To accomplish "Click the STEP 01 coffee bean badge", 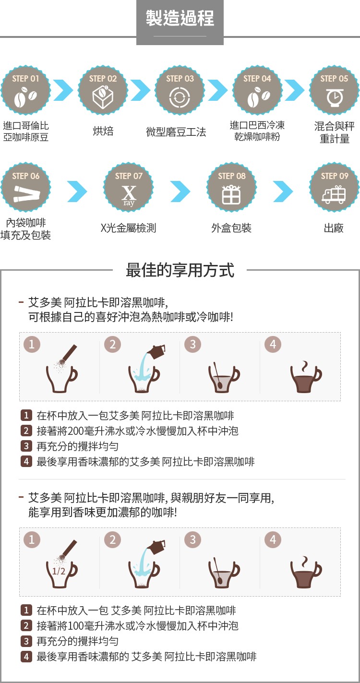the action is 25,90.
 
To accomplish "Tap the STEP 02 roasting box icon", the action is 103,96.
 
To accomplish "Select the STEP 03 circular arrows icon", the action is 180,97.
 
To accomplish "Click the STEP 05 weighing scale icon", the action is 335,97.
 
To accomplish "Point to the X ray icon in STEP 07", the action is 129,196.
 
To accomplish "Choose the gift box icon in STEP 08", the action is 231,195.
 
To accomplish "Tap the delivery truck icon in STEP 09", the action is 334,195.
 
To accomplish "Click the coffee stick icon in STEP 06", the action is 27,194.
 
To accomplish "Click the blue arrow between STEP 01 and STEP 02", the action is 63,90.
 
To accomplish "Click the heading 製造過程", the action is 180,18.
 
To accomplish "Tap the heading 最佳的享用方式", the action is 180,270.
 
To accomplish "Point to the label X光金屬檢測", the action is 128,228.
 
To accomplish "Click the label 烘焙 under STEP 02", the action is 103,131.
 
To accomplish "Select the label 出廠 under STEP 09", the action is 334,228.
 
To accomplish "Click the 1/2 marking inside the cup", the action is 59,571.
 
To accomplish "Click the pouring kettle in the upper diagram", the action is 156,351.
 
